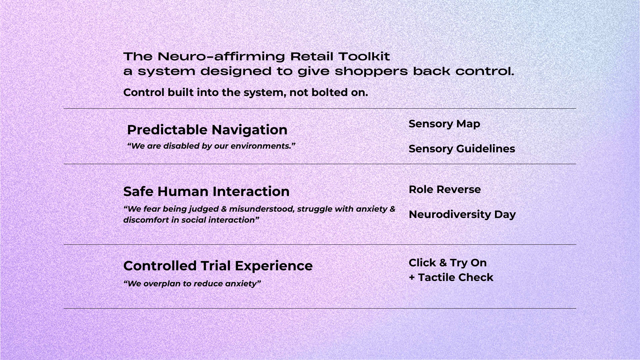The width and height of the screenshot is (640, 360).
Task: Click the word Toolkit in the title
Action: tap(364, 56)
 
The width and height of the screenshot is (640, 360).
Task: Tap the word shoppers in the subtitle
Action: tap(371, 71)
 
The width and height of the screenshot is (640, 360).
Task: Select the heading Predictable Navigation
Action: tap(207, 130)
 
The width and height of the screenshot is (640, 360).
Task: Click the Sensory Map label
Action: tap(444, 124)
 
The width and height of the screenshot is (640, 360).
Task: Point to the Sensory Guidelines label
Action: tap(462, 149)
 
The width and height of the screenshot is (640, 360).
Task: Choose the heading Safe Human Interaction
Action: tap(206, 191)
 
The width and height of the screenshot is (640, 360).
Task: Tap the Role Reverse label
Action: tap(445, 189)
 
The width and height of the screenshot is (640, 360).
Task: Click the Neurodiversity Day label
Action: tap(462, 214)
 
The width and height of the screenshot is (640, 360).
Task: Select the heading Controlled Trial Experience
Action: tap(218, 266)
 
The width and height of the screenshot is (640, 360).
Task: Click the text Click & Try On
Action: tap(448, 263)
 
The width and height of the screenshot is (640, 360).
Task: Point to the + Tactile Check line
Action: tap(451, 277)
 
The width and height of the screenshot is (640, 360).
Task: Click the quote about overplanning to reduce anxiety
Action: tap(192, 284)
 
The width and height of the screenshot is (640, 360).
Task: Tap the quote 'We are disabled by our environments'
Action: tap(211, 146)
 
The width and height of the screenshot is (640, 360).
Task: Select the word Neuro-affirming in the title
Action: tap(221, 56)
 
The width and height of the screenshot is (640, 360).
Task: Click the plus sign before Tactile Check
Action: tap(412, 277)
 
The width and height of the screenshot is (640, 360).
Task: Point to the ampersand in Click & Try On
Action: tap(443, 263)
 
